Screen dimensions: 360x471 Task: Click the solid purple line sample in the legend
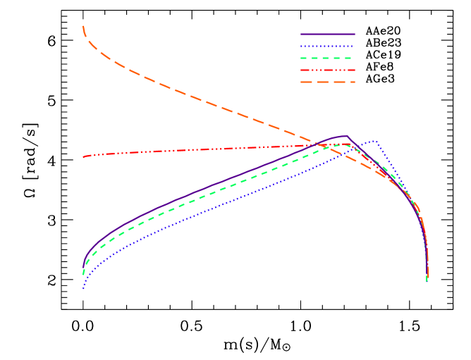(328, 34)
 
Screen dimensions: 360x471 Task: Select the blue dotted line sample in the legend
(328, 46)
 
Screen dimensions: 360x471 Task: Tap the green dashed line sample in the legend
(328, 58)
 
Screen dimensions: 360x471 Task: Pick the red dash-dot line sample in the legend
(328, 70)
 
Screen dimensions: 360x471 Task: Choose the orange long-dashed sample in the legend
(328, 82)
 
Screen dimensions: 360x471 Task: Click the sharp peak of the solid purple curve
(346, 136)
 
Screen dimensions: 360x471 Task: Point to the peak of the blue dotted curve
(375, 141)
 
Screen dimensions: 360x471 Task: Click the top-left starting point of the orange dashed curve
(83, 27)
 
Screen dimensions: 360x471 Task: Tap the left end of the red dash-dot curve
(83, 156)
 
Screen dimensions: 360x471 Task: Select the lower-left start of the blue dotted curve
(83, 288)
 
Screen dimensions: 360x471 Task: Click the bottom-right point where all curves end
(427, 280)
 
